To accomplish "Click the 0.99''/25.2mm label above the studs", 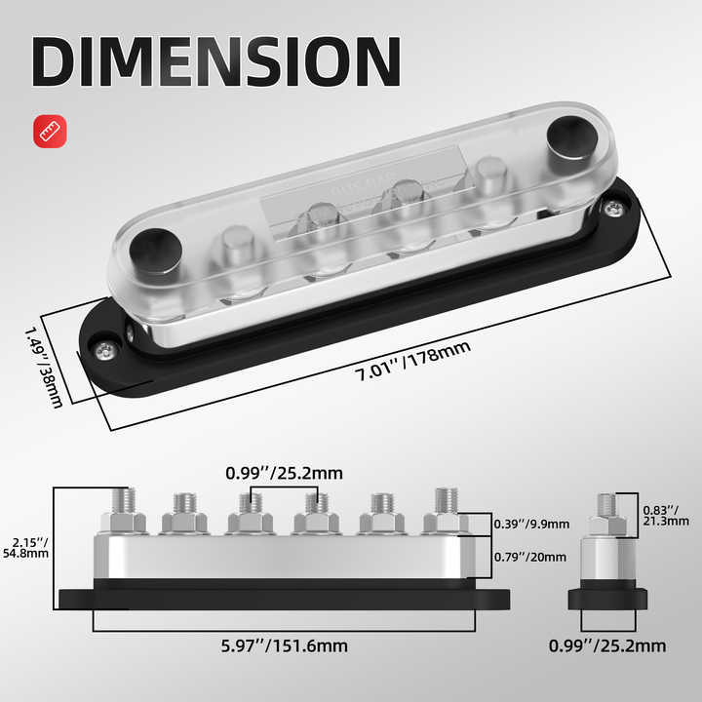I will pos(284,473).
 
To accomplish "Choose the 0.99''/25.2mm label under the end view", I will pos(609,645).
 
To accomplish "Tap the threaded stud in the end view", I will pos(605,505).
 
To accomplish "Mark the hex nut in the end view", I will pos(605,526).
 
